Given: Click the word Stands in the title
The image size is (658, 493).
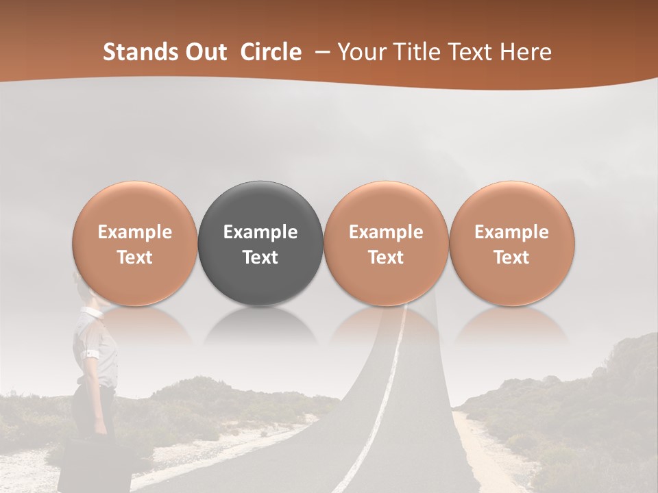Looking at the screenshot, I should click(137, 52).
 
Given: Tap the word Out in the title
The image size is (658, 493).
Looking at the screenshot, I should click(204, 52).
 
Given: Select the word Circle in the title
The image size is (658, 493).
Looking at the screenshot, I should click(271, 52).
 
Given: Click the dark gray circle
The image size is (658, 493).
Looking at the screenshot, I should click(260, 244).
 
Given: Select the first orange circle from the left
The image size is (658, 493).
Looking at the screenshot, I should click(135, 244).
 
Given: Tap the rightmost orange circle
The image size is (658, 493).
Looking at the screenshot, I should click(512, 244).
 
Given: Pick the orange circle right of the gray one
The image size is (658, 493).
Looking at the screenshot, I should click(386, 244).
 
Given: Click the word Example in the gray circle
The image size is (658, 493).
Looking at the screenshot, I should click(260, 232).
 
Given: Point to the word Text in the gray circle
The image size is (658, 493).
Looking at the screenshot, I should click(260, 257).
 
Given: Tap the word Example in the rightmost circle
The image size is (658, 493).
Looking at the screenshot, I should click(512, 232).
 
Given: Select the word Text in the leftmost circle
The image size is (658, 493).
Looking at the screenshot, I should click(135, 257).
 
